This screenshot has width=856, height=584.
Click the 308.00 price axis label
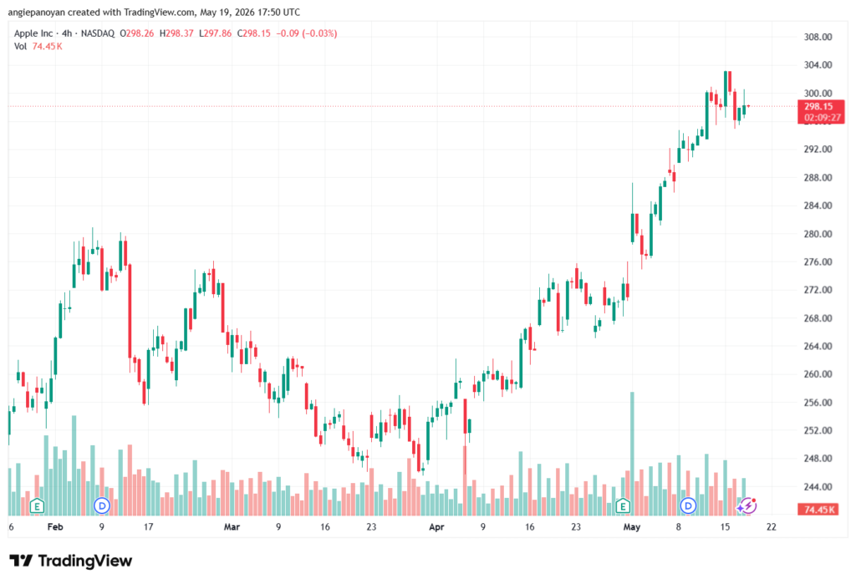pyautogui.click(x=818, y=37)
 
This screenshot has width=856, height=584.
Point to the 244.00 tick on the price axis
pyautogui.click(x=818, y=487)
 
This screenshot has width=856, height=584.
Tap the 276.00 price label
pyautogui.click(x=818, y=262)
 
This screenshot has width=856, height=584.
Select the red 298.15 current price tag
pyautogui.click(x=821, y=112)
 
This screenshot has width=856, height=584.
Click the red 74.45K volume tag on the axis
pyautogui.click(x=819, y=510)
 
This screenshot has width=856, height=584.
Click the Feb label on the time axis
pyautogui.click(x=55, y=527)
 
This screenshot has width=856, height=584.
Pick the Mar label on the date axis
pyautogui.click(x=232, y=527)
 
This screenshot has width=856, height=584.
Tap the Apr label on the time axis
pyautogui.click(x=436, y=527)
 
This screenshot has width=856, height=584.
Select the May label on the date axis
pyautogui.click(x=632, y=527)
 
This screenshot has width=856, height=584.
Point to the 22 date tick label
pyautogui.click(x=771, y=527)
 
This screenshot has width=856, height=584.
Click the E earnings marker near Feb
pyautogui.click(x=37, y=506)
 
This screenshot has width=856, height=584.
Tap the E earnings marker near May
pyautogui.click(x=623, y=506)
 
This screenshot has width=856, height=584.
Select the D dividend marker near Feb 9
pyautogui.click(x=102, y=506)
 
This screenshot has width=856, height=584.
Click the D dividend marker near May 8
pyautogui.click(x=689, y=506)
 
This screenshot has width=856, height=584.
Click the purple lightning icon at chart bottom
pyautogui.click(x=747, y=506)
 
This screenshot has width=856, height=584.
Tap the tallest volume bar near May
pyautogui.click(x=632, y=454)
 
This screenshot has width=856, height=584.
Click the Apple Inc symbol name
pyautogui.click(x=33, y=33)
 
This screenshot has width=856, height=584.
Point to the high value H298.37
pyautogui.click(x=176, y=33)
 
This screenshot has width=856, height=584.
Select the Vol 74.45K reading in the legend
pyautogui.click(x=38, y=47)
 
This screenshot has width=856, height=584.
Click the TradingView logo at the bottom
pyautogui.click(x=71, y=561)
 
